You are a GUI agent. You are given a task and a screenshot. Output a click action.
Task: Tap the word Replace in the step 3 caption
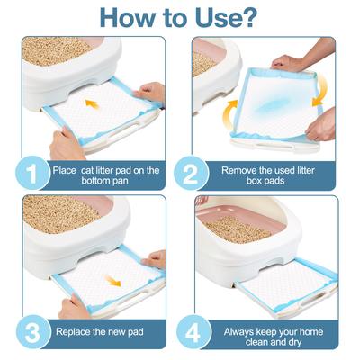[78, 331]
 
